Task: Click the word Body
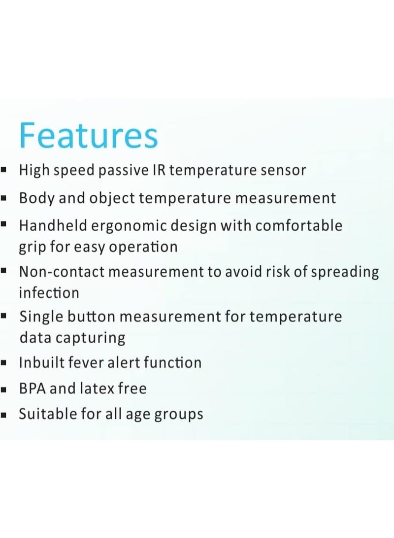click(36, 198)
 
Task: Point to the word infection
click(49, 293)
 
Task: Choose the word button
click(93, 316)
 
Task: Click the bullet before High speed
click(3, 171)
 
